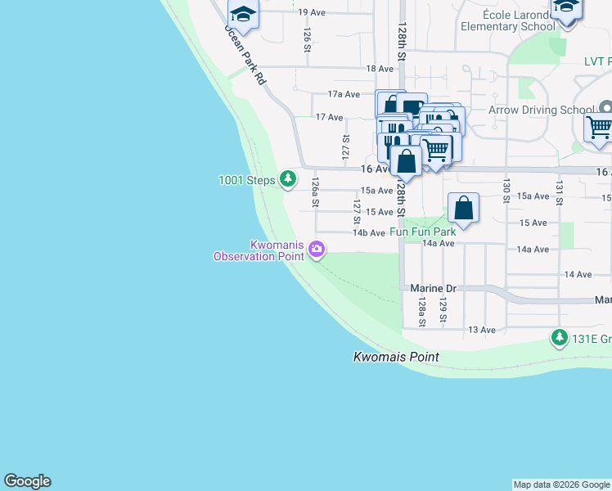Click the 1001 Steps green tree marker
click(x=287, y=178)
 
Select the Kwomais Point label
click(x=396, y=357)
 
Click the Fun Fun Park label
click(x=422, y=232)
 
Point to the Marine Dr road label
click(x=433, y=289)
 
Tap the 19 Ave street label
click(x=312, y=12)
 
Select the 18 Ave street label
click(x=380, y=70)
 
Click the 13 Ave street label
click(x=482, y=330)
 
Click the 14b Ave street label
click(x=368, y=233)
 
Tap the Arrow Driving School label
click(x=541, y=110)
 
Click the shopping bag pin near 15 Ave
click(x=463, y=208)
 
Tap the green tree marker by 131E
click(x=559, y=337)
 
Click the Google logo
click(x=27, y=481)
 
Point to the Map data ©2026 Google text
click(x=561, y=484)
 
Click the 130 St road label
click(x=506, y=186)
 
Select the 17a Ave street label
click(x=344, y=94)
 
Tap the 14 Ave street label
click(x=578, y=274)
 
